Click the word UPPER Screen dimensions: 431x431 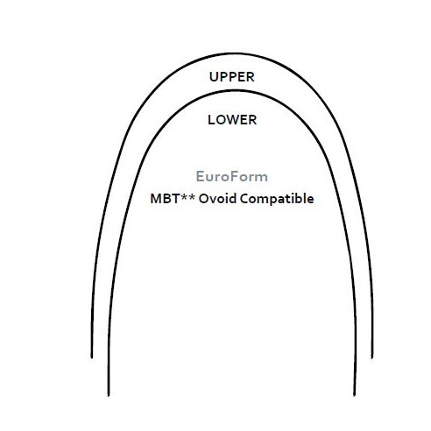pos(232,77)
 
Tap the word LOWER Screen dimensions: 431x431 pos(232,120)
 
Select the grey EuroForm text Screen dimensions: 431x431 pos(232,176)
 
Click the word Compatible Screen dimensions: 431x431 pos(277,199)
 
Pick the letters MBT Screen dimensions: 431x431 pos(165,199)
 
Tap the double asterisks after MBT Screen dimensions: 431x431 pos(187,197)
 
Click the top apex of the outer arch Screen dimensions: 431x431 pos(237,53)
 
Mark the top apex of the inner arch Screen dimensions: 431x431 pos(237,91)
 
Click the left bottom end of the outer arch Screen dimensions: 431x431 pos(92,357)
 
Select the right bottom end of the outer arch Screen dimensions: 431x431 pos(372,357)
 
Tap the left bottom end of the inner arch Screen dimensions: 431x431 pos(109,395)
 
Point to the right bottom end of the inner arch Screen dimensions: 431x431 pos(354,395)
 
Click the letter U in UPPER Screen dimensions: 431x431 pos(214,77)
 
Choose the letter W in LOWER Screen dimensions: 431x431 pos(234,120)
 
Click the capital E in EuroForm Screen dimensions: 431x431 pos(200,176)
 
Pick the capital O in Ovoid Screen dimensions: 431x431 pos(204,199)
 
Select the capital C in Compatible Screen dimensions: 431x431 pos(244,199)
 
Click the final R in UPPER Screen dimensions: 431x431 pos(251,77)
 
